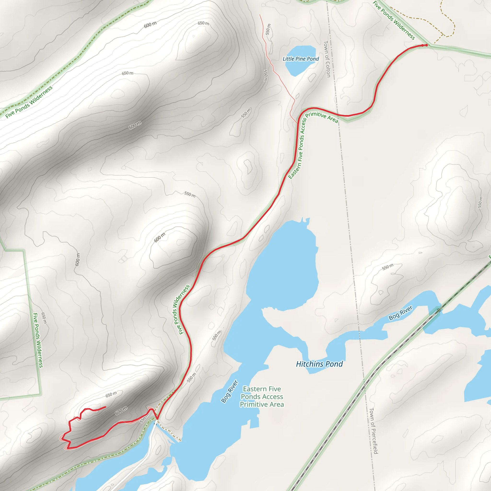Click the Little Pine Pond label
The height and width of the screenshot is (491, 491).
point(301,59)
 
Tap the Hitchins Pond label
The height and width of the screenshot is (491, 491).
point(319,364)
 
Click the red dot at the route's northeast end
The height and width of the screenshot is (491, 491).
point(427,45)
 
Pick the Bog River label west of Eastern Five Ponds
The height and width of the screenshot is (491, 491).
point(229,391)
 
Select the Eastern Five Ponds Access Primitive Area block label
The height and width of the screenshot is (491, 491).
point(262,397)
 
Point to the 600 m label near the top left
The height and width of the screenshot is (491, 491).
point(150,25)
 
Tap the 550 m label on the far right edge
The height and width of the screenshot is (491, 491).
point(480,202)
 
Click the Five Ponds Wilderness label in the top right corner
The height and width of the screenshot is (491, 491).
point(394,20)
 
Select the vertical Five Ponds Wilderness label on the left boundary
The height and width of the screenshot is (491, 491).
point(38,340)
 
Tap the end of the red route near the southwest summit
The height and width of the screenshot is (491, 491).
point(105,407)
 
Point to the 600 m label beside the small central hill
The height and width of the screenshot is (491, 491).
point(160,237)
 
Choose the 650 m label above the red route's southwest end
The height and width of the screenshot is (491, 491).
point(111,394)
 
